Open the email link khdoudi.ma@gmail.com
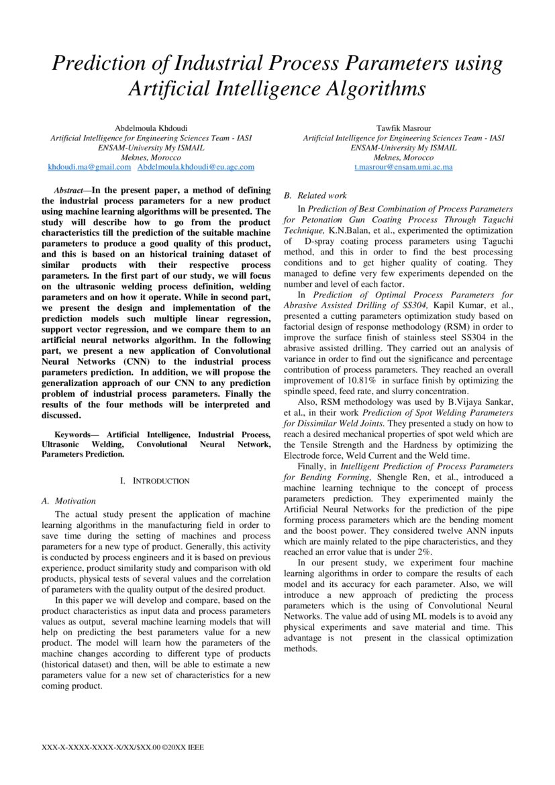click(x=89, y=166)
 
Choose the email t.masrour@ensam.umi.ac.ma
click(x=403, y=166)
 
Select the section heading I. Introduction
click(x=154, y=481)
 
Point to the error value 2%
click(x=424, y=551)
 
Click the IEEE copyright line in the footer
click(x=122, y=747)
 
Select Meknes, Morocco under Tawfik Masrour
click(x=403, y=156)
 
